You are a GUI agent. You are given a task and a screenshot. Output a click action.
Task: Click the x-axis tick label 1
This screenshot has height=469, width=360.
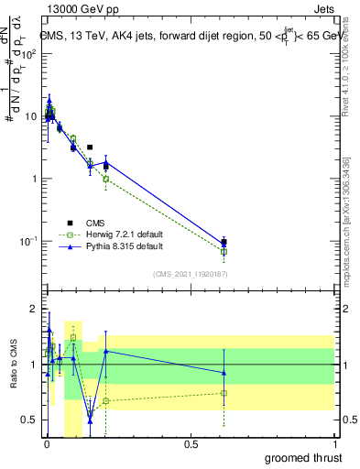click(335, 443)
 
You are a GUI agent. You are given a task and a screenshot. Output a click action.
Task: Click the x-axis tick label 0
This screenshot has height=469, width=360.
click(47, 443)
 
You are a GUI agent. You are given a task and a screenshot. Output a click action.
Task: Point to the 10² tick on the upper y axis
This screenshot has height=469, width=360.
click(30, 53)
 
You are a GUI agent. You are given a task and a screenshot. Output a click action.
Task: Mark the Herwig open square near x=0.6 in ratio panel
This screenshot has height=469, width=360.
click(224, 393)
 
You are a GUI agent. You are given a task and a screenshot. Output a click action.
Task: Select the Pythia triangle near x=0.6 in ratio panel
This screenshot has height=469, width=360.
click(224, 372)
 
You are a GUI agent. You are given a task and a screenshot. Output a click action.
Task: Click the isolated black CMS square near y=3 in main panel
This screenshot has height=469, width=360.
click(90, 147)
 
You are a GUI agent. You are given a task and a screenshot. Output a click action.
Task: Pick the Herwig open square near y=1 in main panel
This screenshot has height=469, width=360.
click(106, 180)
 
